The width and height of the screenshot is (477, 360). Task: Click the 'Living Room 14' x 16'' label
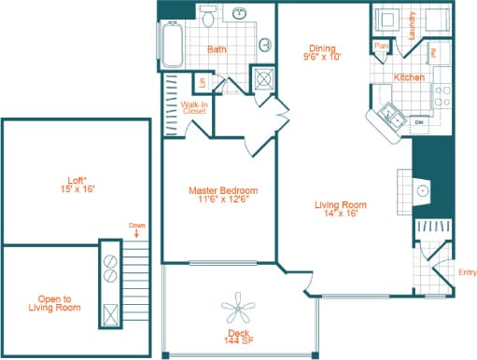(339, 210)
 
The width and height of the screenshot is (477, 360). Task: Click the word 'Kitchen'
(409, 77)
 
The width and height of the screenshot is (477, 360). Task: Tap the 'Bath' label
(217, 49)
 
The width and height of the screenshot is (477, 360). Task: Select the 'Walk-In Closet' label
(194, 108)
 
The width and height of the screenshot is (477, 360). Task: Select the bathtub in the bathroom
(172, 42)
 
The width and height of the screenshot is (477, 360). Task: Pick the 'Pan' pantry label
(381, 46)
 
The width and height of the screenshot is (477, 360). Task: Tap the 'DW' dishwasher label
(418, 121)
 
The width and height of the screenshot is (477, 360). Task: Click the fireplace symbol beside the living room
(423, 190)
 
